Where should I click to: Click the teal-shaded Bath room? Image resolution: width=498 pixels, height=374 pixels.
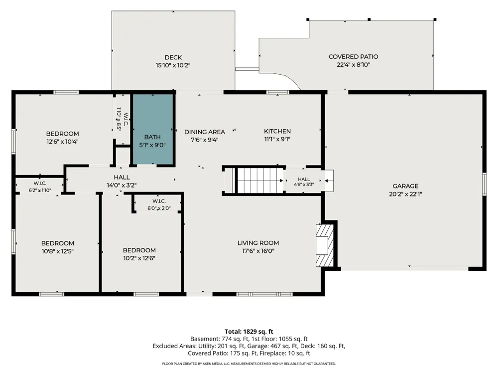click(x=152, y=130)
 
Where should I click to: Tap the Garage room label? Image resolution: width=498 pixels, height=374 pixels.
click(x=405, y=186)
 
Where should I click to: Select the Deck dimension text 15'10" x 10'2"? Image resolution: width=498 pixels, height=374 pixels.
click(x=173, y=65)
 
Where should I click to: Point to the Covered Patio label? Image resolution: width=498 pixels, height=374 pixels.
click(x=353, y=57)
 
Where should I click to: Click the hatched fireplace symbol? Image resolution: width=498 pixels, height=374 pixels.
click(x=325, y=245)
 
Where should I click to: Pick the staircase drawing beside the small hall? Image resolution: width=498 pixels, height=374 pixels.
click(x=260, y=181)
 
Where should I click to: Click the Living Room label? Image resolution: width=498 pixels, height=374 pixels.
click(x=258, y=243)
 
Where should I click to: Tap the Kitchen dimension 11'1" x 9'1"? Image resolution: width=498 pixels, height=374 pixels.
click(x=277, y=139)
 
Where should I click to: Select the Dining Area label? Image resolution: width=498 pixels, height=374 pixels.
click(x=205, y=132)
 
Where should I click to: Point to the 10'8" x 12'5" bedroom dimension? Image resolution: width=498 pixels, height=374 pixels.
click(x=57, y=251)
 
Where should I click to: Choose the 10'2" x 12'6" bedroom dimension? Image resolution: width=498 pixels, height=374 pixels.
click(x=139, y=258)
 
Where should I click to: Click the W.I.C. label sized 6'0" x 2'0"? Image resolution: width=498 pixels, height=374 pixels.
click(x=159, y=205)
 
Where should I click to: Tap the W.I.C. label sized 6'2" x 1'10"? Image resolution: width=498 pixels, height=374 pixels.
click(x=40, y=187)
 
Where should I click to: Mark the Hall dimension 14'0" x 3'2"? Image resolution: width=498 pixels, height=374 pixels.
click(x=122, y=185)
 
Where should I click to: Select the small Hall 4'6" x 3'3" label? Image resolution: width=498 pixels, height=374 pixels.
click(x=304, y=182)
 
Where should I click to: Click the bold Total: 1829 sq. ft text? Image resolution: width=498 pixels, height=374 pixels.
click(x=249, y=332)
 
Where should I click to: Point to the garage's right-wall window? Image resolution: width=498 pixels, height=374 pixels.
click(x=484, y=184)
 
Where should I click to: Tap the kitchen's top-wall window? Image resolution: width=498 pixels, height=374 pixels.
click(x=278, y=92)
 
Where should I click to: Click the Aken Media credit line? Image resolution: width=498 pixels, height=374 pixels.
click(x=249, y=364)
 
